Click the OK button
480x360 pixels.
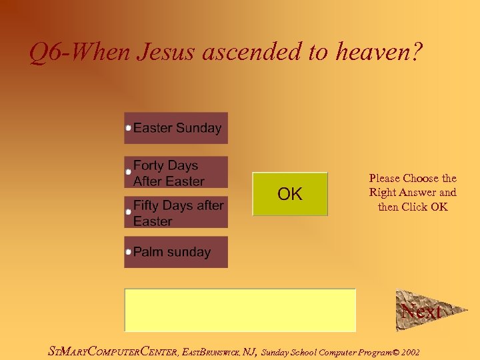290,194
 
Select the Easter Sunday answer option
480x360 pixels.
176,128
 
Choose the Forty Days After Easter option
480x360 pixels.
176,173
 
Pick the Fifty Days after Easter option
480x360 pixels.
176,213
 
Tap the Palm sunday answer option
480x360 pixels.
176,252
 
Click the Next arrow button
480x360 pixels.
421,311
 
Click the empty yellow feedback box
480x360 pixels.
240,310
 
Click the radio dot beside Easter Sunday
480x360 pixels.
128,127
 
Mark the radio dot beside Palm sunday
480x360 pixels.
128,252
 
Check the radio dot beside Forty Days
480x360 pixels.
128,172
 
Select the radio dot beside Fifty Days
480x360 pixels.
128,212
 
